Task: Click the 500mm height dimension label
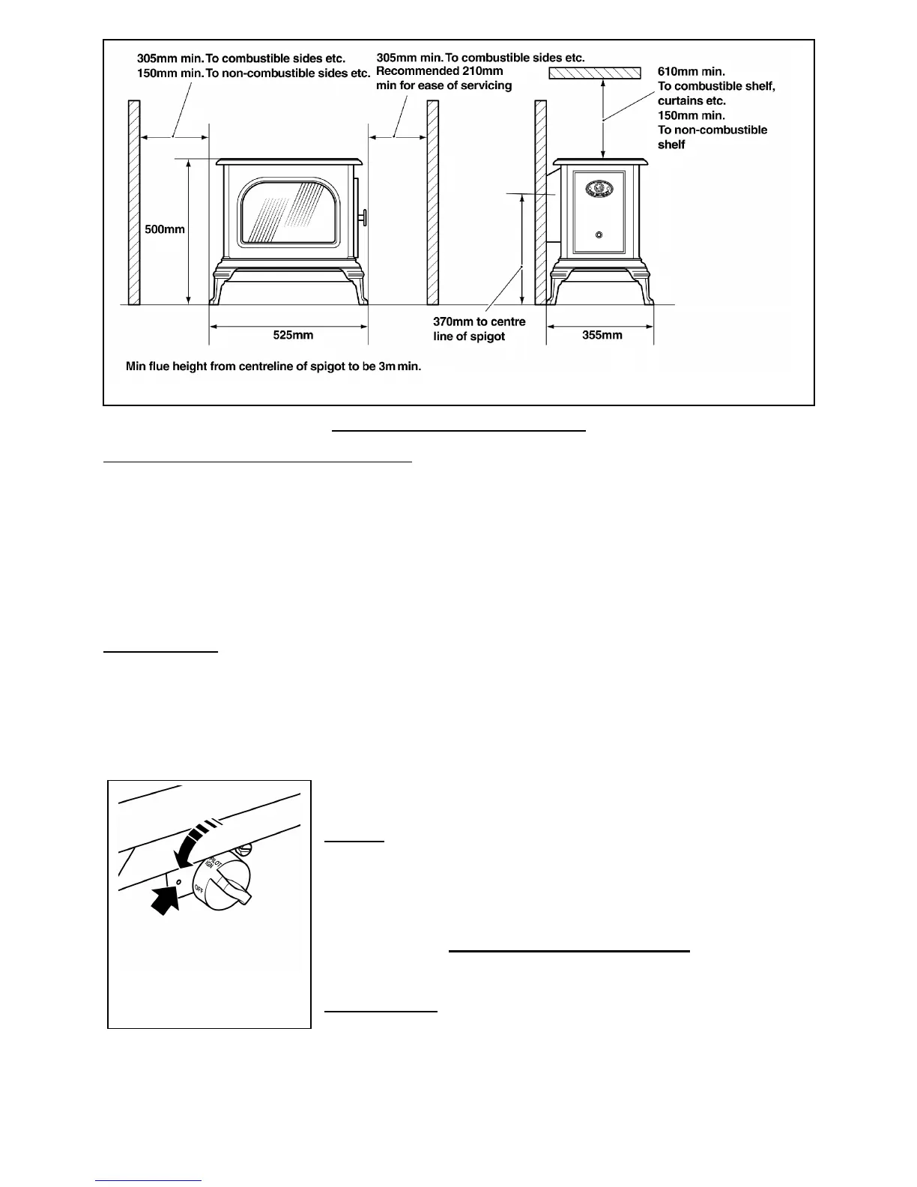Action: [165, 229]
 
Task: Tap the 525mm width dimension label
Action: [293, 335]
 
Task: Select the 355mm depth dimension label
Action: [602, 335]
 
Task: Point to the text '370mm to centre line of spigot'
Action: [479, 329]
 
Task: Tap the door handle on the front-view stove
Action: [364, 217]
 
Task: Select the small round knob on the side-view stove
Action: [599, 235]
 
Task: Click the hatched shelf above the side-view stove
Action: [595, 73]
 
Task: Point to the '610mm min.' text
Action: [691, 71]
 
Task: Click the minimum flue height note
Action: [273, 367]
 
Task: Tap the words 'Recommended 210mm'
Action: [439, 71]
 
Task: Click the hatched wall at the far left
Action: [134, 202]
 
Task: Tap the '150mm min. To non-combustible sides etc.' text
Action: [253, 73]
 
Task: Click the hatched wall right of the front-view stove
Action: [432, 202]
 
